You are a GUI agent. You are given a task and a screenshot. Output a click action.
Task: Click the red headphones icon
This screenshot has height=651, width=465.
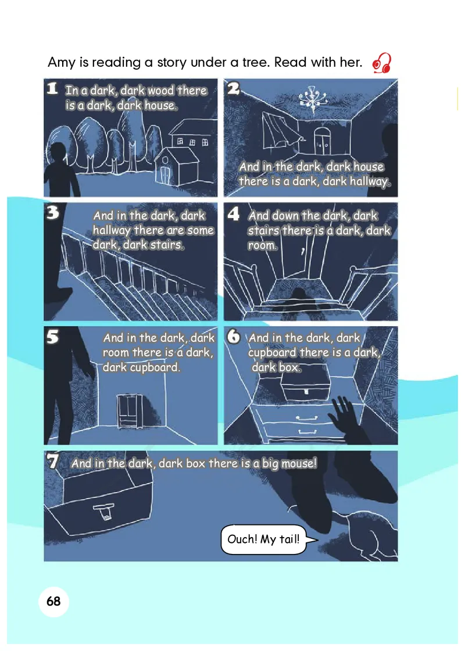382,63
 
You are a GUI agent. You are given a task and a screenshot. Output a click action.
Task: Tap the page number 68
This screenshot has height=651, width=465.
53,601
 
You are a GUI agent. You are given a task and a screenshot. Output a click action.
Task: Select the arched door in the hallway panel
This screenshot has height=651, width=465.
322,141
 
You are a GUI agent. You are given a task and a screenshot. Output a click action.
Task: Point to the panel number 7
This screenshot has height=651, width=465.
53,461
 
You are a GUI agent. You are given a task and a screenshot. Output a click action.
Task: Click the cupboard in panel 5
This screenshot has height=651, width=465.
130,410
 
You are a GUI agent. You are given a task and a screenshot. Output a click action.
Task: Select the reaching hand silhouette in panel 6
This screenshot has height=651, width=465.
348,419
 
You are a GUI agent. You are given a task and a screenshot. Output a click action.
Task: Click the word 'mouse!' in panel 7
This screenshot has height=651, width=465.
299,463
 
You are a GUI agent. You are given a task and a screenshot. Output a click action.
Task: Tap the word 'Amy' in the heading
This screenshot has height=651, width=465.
62,63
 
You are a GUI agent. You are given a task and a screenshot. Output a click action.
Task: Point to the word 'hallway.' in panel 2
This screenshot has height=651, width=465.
370,181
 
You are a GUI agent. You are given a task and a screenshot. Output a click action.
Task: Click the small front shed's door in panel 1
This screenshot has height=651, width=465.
165,174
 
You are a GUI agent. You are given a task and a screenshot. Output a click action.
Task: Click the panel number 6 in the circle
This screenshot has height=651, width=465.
234,337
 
